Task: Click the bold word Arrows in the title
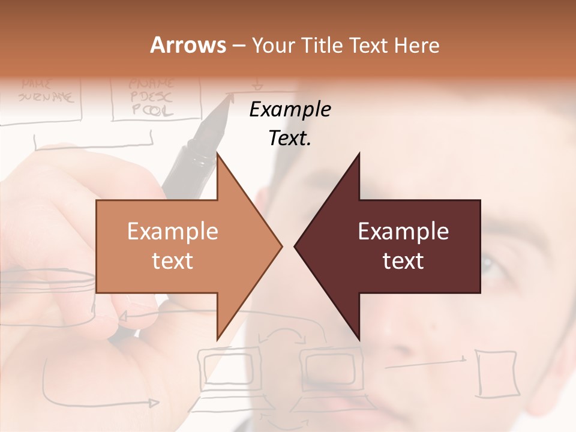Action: [x=188, y=45]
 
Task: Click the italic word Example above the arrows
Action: [x=290, y=110]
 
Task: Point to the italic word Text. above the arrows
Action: [x=290, y=139]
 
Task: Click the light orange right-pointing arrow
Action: [x=180, y=246]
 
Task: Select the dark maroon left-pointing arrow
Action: [x=396, y=246]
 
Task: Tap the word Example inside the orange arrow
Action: [x=173, y=232]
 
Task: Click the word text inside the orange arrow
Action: [x=173, y=261]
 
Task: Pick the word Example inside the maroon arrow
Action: [x=403, y=232]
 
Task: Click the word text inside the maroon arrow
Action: [x=403, y=261]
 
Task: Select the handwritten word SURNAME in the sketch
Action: [x=47, y=96]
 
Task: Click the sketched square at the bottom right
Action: [x=497, y=373]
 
